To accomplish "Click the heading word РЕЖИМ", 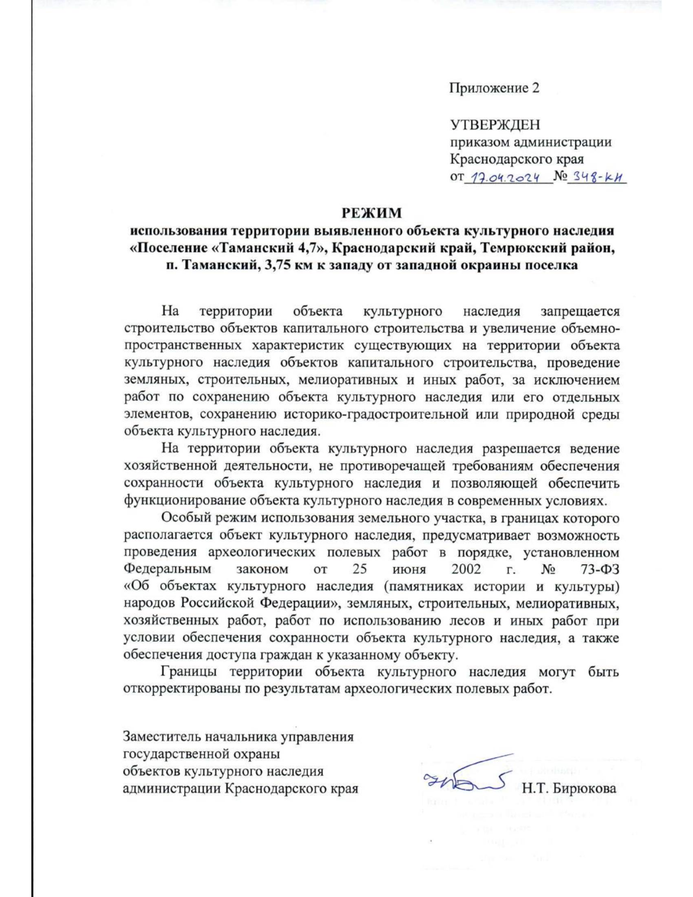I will tap(371, 213).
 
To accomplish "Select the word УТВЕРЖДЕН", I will tap(495, 124).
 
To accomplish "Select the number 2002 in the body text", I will tap(466, 570).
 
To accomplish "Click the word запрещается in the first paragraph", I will tap(580, 312).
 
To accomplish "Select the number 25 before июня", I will tap(360, 570).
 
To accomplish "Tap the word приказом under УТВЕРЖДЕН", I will tap(477, 142).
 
